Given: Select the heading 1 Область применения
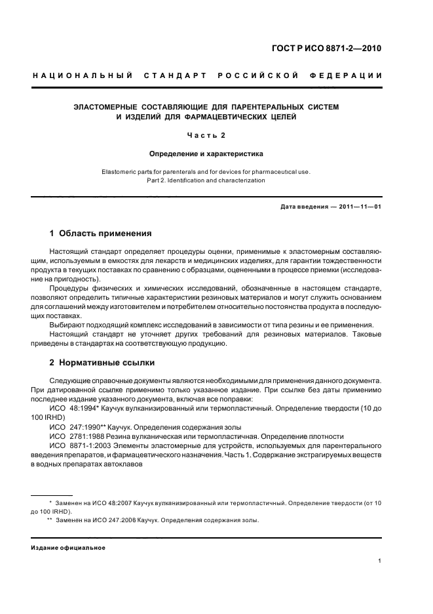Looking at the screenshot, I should point(101,233).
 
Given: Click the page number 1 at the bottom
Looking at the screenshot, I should point(380,561).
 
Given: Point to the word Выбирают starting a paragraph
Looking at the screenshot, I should point(67,326).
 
